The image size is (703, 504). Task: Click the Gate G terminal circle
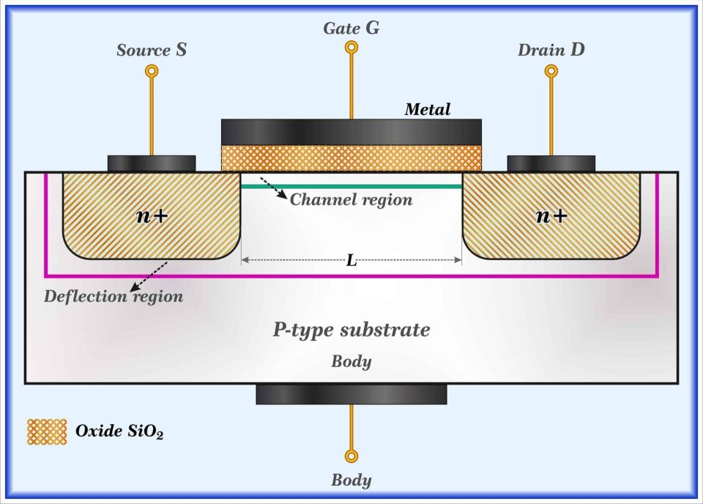(x=351, y=48)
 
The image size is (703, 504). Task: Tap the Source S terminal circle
(x=152, y=71)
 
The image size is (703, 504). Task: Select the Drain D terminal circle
(x=551, y=71)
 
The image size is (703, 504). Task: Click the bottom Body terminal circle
(x=351, y=456)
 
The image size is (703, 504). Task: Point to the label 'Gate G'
(x=351, y=29)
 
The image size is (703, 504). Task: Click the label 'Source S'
(x=151, y=51)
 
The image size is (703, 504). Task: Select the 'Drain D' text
(x=551, y=51)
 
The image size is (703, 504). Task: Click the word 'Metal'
(x=428, y=110)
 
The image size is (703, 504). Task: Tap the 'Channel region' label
(x=351, y=199)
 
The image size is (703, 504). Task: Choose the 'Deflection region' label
(x=114, y=297)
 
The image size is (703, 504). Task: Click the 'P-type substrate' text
(x=351, y=330)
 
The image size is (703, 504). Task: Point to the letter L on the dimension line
(x=351, y=261)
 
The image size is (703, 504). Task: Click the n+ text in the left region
(x=152, y=215)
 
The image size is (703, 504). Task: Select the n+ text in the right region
(x=551, y=215)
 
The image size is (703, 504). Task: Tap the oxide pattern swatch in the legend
(x=46, y=431)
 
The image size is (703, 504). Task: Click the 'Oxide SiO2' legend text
(x=119, y=431)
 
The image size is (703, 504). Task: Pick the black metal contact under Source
(x=152, y=163)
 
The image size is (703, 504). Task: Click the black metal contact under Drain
(x=551, y=163)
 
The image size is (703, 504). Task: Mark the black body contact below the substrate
(x=351, y=394)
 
